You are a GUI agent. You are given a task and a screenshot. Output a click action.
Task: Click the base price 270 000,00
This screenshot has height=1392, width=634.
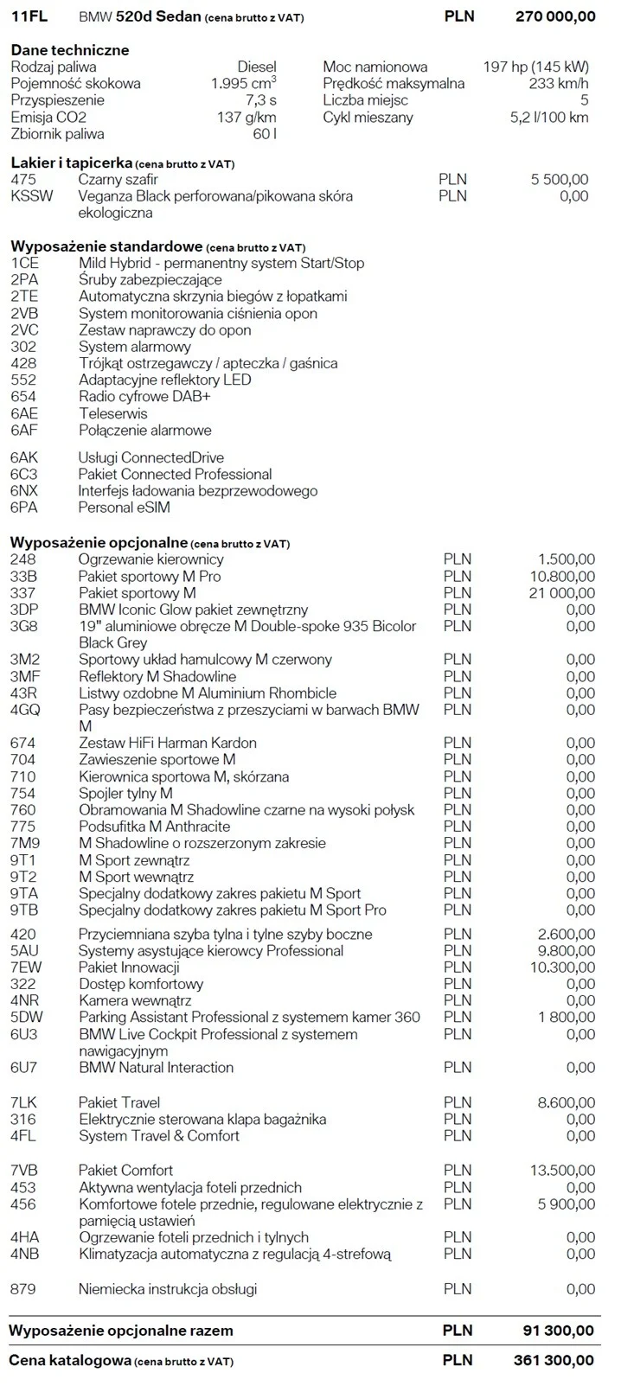pos(554,16)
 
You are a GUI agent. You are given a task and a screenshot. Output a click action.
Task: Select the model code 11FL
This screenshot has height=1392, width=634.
pos(29,16)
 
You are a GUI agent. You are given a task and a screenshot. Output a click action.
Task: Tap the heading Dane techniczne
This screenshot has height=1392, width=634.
pos(70,50)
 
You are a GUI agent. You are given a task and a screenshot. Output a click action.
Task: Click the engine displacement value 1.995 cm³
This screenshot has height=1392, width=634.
pos(243,84)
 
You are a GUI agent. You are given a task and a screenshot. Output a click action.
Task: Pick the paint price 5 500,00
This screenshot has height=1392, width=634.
pos(559,180)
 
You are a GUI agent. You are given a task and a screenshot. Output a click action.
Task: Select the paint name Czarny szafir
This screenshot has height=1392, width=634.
pos(118,180)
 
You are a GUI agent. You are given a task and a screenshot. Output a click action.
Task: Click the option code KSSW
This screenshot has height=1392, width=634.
pos(31,196)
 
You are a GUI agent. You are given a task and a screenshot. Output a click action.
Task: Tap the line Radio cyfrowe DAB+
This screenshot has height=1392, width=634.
pos(144,397)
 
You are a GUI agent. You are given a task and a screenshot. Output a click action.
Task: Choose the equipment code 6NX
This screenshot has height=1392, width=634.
pos(25,491)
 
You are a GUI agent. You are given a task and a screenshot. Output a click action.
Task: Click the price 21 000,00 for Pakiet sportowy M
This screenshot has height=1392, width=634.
pos(562,593)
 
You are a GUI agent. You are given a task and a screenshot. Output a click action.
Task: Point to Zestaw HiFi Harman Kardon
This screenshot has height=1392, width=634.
pos(167,743)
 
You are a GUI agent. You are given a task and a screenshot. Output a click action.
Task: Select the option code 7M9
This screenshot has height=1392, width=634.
pos(25,843)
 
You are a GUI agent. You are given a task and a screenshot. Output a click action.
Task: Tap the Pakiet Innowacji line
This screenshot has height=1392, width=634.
pos(129,967)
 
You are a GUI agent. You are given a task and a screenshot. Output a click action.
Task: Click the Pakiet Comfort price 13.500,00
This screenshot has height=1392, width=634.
pos(562,1171)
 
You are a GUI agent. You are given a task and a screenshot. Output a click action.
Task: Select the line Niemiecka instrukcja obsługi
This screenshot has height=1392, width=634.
pos(168,1289)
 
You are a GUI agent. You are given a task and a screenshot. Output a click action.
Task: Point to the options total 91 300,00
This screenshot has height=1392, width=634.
pos(559,1331)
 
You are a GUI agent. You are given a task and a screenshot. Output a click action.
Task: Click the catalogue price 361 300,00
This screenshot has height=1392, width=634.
pos(554,1360)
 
